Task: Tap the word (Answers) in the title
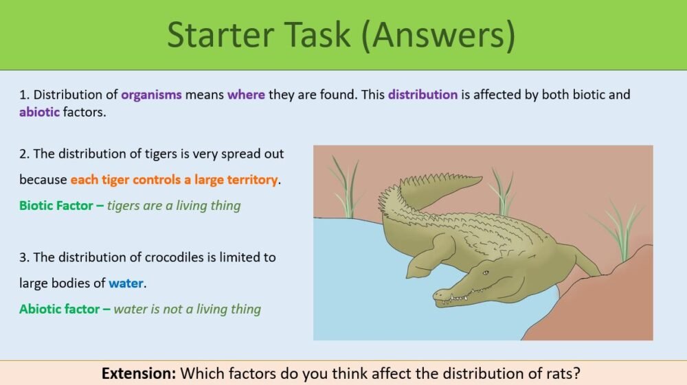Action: [x=440, y=36]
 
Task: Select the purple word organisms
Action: [x=151, y=95]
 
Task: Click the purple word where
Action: [x=246, y=95]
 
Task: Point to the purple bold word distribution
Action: [x=423, y=95]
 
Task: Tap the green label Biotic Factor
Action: [x=57, y=205]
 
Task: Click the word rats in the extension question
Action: [x=567, y=373]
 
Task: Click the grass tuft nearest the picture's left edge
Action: [x=346, y=187]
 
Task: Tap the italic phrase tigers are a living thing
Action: [x=174, y=205]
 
